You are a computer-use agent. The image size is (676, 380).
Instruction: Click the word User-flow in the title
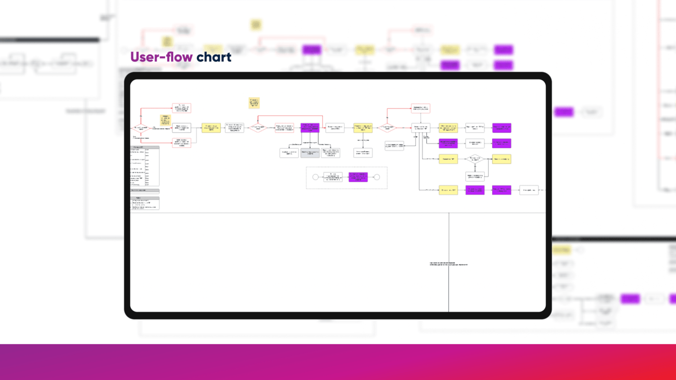click(x=161, y=57)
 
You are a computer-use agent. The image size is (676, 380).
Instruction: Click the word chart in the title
click(x=213, y=57)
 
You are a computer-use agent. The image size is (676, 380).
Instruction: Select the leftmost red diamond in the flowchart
click(x=141, y=128)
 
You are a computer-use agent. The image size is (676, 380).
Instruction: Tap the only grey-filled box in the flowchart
click(x=310, y=153)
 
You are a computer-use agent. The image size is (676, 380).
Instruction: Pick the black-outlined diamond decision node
click(x=475, y=159)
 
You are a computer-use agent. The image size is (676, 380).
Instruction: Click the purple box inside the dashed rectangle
click(x=358, y=177)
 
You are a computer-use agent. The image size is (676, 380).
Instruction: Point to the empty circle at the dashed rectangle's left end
click(x=315, y=177)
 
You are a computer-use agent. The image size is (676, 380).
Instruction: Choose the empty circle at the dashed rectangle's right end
click(x=376, y=177)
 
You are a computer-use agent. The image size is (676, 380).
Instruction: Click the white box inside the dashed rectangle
click(x=332, y=177)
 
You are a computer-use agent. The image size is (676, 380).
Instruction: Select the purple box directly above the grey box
click(x=310, y=128)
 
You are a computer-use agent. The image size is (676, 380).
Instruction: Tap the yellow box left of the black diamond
click(x=448, y=159)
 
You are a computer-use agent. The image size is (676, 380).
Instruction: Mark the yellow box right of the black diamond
click(x=501, y=159)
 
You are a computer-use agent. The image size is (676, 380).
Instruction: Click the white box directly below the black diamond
click(x=475, y=176)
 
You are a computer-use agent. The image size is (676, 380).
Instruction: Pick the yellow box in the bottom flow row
click(x=448, y=190)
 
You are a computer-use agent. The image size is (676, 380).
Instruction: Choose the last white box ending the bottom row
click(x=529, y=190)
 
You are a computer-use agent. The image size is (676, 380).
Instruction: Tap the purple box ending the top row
click(x=501, y=128)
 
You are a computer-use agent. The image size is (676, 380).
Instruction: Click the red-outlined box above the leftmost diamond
click(x=182, y=108)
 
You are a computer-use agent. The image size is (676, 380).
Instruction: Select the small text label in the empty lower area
click(x=448, y=264)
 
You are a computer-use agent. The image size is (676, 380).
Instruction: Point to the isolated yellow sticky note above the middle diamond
click(x=254, y=103)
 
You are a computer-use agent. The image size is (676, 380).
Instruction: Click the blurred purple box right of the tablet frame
click(x=564, y=112)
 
